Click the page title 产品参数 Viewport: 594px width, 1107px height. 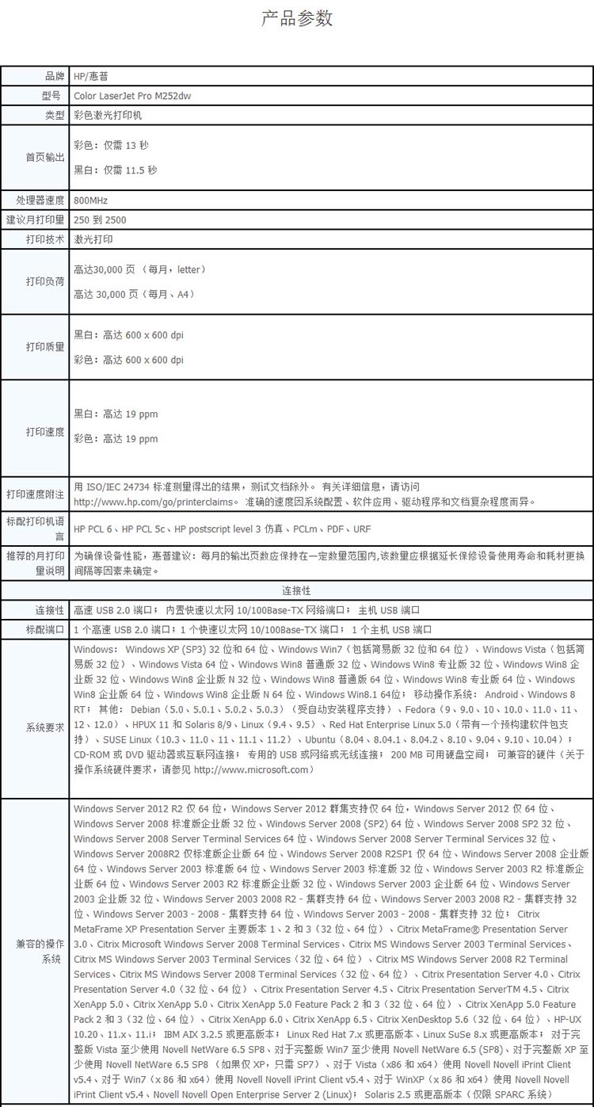click(297, 18)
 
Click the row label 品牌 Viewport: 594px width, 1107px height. click(54, 76)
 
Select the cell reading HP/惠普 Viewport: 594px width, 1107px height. click(91, 76)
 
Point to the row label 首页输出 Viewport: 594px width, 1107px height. click(44, 157)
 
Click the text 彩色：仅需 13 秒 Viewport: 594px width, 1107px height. click(111, 145)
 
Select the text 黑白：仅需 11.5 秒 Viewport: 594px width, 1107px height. click(116, 170)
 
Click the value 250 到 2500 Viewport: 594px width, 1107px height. click(100, 219)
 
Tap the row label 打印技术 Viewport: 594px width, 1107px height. click(44, 239)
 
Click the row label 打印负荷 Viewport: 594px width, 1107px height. click(44, 281)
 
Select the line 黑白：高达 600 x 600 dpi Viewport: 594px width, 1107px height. click(128, 335)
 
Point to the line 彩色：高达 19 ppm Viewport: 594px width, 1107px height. click(116, 438)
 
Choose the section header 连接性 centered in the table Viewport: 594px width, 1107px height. click(296, 590)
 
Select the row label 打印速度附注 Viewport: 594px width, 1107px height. click(35, 494)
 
